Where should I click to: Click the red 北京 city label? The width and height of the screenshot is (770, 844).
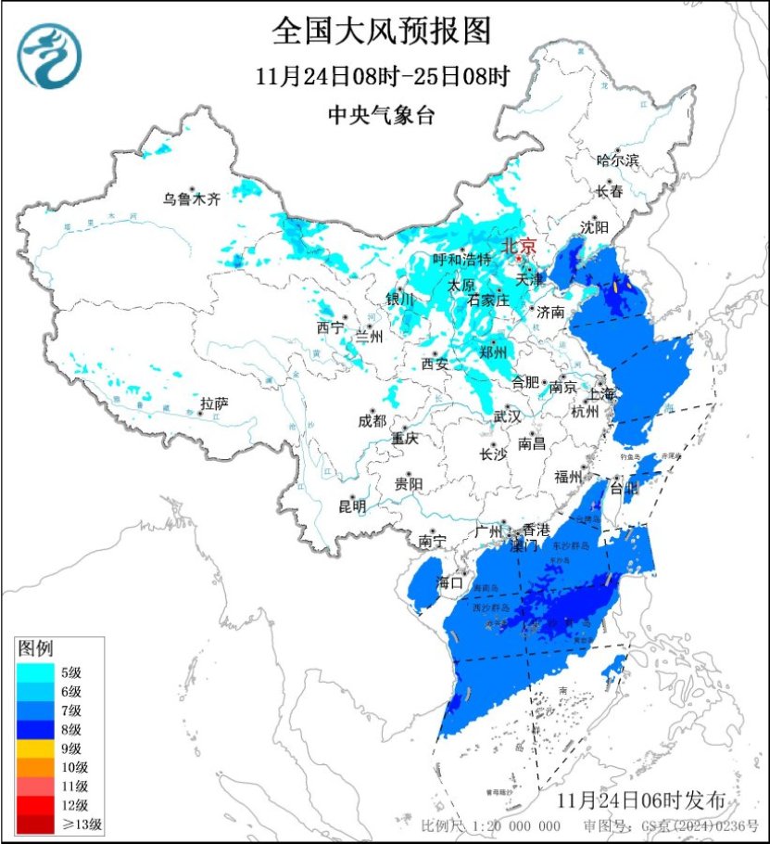pos(519,247)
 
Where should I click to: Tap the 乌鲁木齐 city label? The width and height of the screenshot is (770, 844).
pos(192,199)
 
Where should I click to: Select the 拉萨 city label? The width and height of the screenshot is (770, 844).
pos(214,403)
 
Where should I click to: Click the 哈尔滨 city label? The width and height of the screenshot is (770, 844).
pos(618,160)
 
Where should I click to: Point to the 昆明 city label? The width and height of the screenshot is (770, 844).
pos(352,506)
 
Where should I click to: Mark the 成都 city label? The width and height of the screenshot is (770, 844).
pos(372,420)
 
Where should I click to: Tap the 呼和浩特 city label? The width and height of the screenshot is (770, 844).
pos(461,260)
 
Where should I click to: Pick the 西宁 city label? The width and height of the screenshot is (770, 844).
pos(329,327)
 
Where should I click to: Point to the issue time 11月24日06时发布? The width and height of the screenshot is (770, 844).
pos(648,800)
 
